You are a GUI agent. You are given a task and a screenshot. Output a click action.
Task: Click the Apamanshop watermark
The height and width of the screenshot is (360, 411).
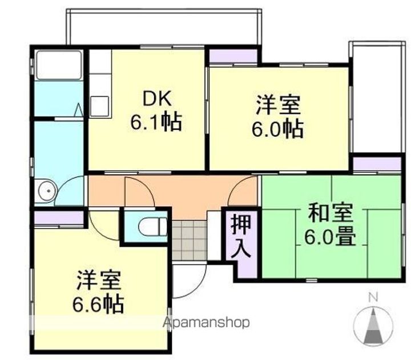207,323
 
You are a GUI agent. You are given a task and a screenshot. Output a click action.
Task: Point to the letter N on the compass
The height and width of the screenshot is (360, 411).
373,297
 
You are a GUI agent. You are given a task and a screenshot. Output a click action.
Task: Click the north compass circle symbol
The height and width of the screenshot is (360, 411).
373,326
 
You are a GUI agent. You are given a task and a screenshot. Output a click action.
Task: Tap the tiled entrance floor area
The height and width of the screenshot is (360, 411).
188,240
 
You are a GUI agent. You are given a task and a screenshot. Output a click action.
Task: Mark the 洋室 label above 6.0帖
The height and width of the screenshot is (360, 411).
277,106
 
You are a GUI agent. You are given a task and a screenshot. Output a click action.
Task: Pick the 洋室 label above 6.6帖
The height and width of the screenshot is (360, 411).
98,281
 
